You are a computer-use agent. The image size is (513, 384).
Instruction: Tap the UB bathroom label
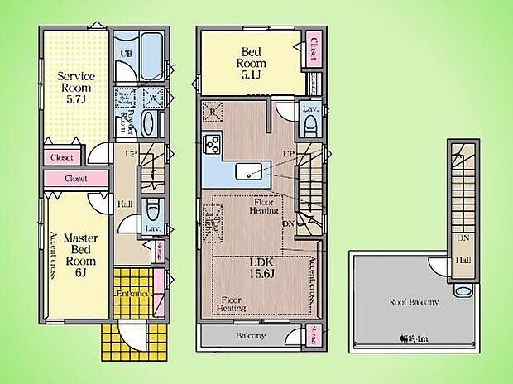[x=127, y=53]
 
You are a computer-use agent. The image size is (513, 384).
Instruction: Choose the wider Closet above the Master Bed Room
[x=75, y=178]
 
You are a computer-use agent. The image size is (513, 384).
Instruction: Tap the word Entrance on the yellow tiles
[x=132, y=294]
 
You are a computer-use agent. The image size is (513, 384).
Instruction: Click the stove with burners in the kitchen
[x=211, y=145]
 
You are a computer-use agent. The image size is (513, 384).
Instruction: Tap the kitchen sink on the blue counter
[x=249, y=170]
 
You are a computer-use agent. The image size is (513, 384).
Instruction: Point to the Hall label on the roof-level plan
[x=461, y=261]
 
